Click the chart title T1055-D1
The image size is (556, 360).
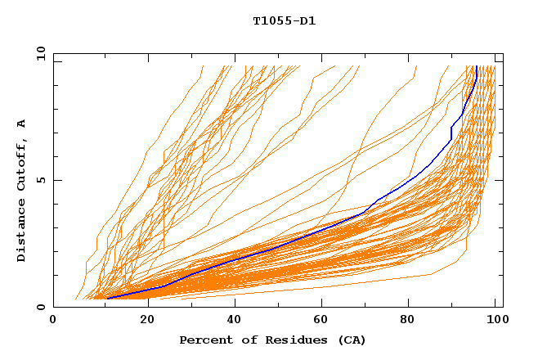click(284, 20)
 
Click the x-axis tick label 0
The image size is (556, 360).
click(53, 321)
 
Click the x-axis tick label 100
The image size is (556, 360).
click(496, 321)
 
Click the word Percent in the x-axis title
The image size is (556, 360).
click(204, 340)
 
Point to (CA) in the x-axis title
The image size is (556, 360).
click(350, 340)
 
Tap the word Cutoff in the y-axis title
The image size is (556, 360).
click(22, 167)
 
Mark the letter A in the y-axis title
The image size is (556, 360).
click(22, 124)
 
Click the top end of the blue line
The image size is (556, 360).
click(475, 66)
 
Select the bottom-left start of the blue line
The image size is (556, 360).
click(106, 298)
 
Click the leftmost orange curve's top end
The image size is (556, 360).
click(204, 66)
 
